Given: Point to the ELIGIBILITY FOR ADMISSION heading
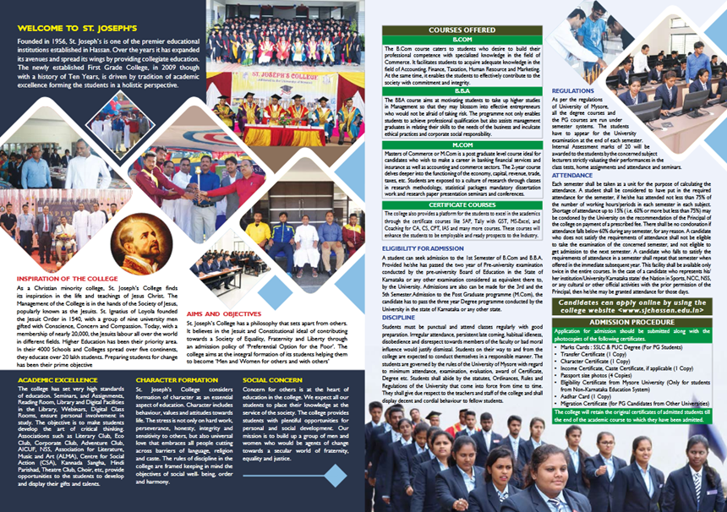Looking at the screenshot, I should [x=420, y=248].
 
